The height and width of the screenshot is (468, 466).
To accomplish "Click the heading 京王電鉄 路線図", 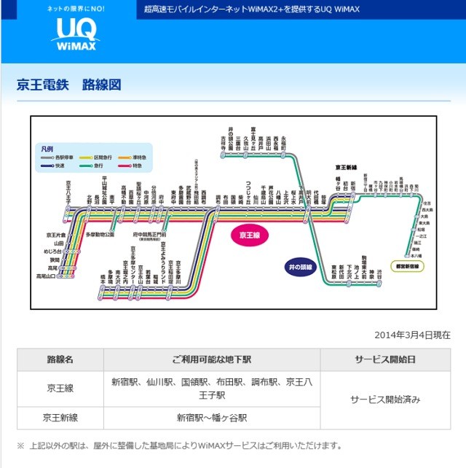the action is [x=68, y=84].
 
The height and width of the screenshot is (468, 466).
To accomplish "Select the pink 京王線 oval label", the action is [x=250, y=235].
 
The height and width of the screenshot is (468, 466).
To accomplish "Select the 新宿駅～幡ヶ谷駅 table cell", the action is [x=212, y=418].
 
